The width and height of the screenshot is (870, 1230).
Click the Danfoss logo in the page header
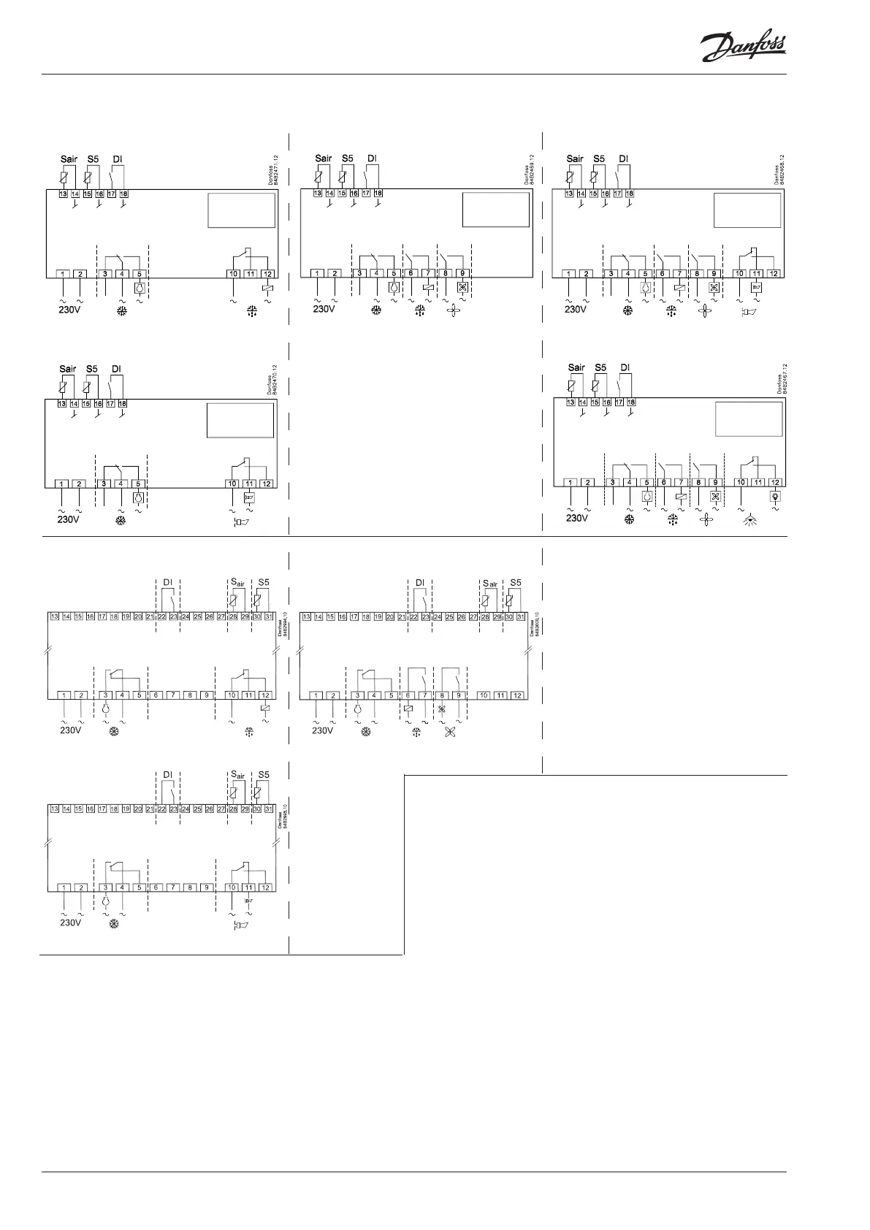coord(743,49)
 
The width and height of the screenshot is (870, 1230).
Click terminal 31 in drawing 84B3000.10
coord(520,617)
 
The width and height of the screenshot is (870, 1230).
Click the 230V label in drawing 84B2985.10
coord(70,922)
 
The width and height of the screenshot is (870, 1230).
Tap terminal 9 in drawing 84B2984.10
coord(207,695)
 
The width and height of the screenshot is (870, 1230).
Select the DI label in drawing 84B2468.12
coord(623,158)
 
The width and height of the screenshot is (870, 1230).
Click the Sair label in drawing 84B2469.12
coord(323,158)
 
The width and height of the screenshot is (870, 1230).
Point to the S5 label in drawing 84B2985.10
coord(264,775)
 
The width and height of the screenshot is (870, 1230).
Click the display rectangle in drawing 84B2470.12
coord(240,420)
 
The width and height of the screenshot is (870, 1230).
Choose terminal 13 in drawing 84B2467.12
coord(571,402)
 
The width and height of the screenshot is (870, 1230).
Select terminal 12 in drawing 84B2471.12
coord(267,274)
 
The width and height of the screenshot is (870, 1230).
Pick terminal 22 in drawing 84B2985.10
coord(162,809)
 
